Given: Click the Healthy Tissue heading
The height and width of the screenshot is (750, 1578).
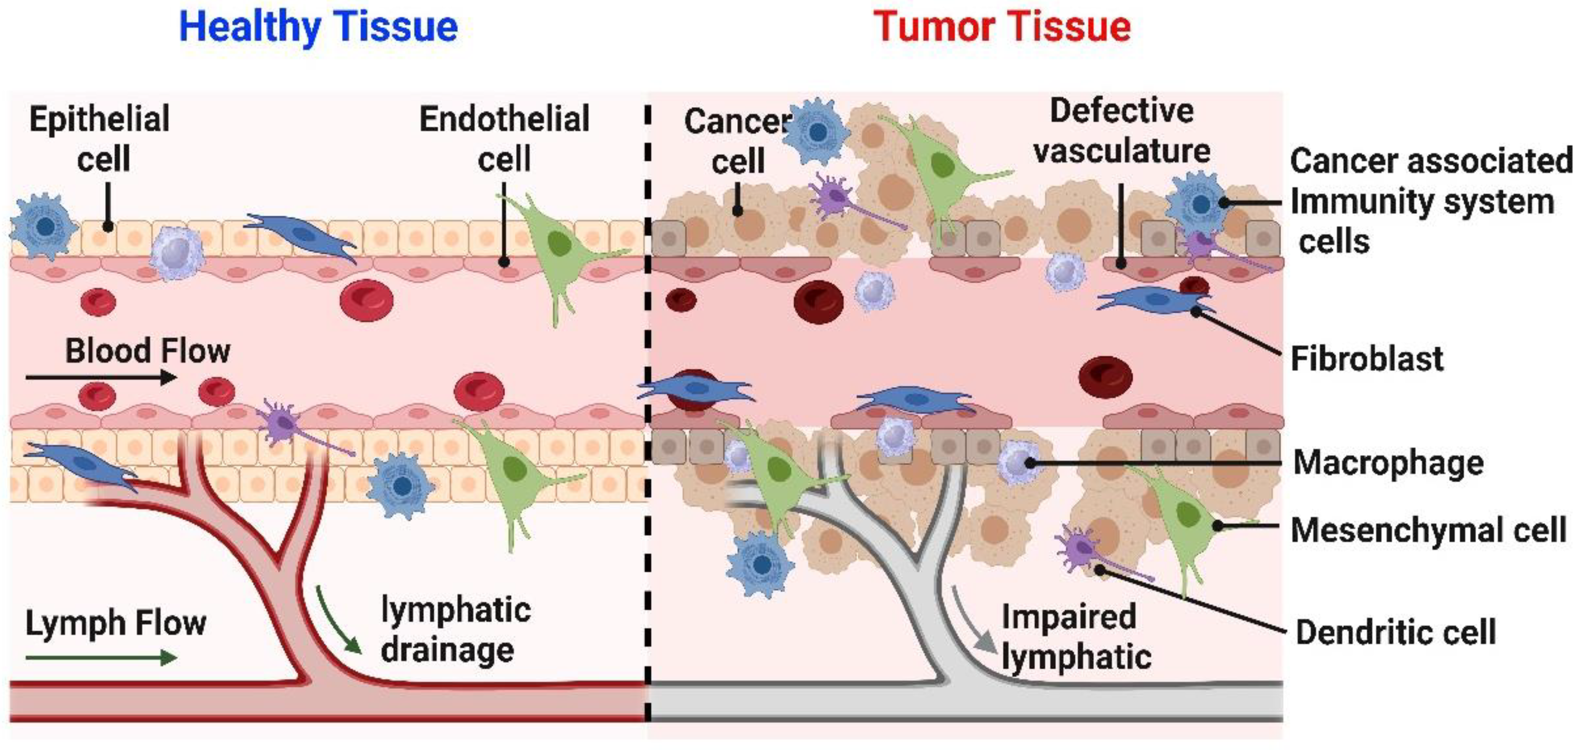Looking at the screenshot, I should tap(318, 27).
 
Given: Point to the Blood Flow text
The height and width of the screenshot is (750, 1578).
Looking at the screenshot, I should tap(148, 351).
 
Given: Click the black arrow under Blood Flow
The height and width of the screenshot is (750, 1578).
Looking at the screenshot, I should tap(101, 378).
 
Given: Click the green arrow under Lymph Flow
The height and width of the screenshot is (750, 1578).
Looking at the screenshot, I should tap(101, 658).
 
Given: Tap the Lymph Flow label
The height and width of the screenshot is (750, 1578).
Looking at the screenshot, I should tap(116, 623).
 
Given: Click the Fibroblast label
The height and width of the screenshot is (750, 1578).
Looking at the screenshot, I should tap(1366, 358).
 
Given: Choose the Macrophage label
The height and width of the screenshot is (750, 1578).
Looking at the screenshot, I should tap(1388, 463).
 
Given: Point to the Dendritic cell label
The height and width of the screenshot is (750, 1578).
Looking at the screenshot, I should tap(1395, 632).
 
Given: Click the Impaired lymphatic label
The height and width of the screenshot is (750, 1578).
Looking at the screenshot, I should tap(1076, 637).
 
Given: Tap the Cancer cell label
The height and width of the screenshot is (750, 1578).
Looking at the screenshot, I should tap(737, 141).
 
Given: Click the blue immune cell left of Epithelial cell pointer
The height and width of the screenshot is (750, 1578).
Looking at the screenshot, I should tap(44, 226).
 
